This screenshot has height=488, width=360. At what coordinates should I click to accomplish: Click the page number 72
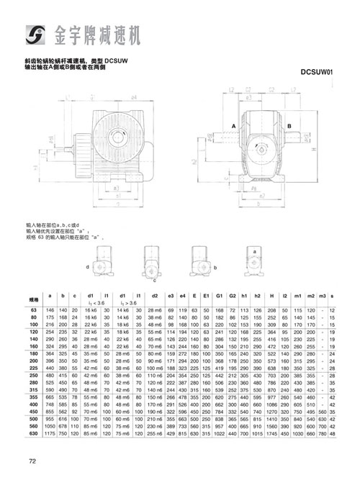click(32, 461)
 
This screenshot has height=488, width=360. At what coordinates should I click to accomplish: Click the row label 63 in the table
click(33, 309)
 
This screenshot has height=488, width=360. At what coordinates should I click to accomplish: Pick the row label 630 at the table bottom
click(33, 435)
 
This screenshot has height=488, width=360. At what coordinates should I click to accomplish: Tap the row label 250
click(33, 376)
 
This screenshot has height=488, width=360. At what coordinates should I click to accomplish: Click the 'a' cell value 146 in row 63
click(50, 309)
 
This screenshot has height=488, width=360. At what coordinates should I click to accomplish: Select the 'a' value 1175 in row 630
click(50, 435)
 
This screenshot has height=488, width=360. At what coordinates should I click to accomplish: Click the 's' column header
click(332, 295)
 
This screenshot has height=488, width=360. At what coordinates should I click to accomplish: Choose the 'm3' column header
click(322, 295)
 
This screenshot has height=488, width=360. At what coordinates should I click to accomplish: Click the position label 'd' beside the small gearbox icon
click(87, 266)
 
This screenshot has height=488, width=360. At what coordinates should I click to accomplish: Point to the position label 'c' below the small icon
click(154, 281)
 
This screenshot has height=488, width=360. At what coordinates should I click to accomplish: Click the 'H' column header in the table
click(272, 295)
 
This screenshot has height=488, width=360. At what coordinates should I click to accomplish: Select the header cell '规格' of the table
click(33, 297)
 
